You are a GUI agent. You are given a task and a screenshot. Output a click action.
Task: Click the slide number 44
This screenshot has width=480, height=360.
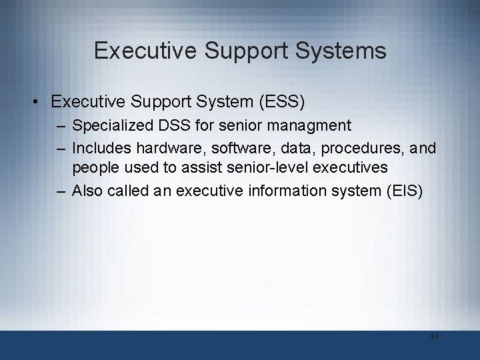pos(434,337)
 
